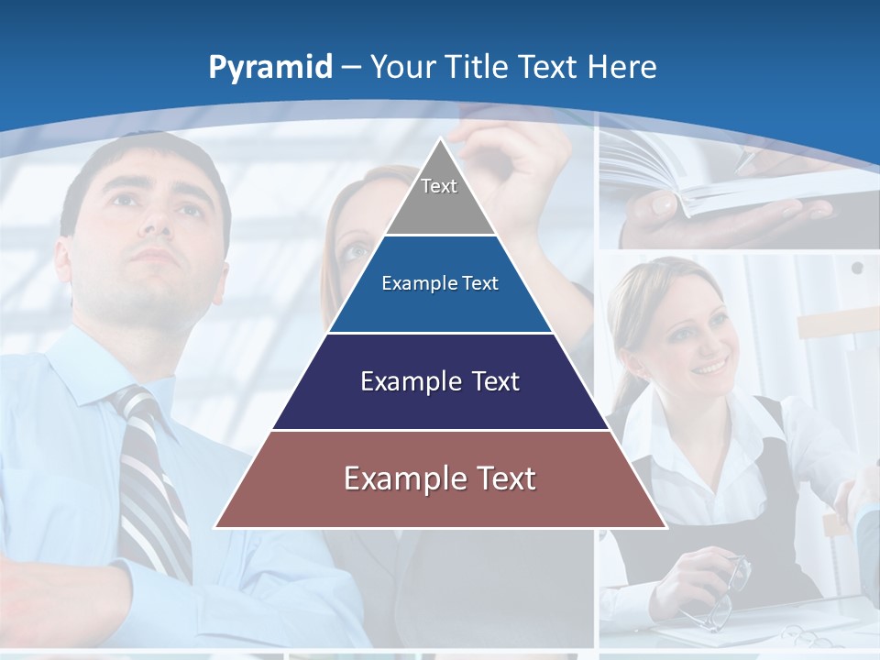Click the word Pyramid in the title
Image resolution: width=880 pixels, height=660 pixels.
pos(270,68)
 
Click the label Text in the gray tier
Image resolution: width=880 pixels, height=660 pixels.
pos(439,186)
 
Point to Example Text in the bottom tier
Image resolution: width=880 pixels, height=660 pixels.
pos(440,478)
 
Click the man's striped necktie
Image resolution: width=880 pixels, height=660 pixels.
pos(151,477)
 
